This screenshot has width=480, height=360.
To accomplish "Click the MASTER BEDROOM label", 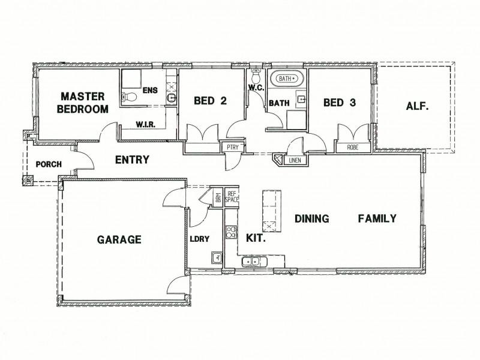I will coord(83,102).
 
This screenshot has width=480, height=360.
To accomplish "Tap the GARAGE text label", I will coord(119,240).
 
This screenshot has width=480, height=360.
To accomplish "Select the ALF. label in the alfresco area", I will coord(417,107).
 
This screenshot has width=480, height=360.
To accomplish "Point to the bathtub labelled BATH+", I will coord(289,79).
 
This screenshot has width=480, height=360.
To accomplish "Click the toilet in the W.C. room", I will coord(256,78).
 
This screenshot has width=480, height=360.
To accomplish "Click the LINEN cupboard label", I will coord(294,160).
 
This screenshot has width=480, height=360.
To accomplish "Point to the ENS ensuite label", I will coord(150,91).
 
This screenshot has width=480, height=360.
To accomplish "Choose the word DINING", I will coord(311,218).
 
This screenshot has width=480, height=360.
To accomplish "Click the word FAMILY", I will coord(377,218).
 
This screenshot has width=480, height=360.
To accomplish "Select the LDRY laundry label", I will coord(199,238).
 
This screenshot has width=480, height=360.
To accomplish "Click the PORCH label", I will coord(46,164).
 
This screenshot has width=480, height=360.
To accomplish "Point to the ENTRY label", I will coord(131,160).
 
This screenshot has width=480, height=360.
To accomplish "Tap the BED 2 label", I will coord(210,101).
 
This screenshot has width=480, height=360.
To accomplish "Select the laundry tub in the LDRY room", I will coord(217,258).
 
